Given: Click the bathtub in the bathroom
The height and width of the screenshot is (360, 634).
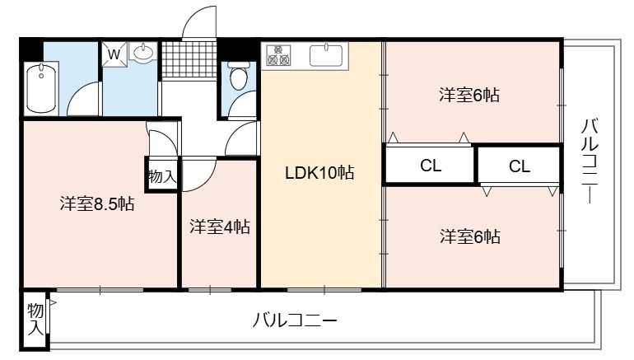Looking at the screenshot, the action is (x=41, y=88).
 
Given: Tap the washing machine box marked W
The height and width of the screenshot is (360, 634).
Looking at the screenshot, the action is (x=114, y=54).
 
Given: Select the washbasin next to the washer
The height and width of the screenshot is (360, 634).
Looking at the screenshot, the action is (x=143, y=53).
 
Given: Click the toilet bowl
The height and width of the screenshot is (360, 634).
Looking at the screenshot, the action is (x=238, y=75).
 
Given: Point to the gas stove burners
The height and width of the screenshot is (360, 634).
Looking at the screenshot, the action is (x=278, y=55).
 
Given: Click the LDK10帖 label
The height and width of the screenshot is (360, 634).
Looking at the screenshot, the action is (x=319, y=173).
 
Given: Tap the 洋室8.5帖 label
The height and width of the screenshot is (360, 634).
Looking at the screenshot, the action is (x=97, y=203).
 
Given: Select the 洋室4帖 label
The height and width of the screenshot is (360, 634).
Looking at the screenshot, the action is (x=220, y=227).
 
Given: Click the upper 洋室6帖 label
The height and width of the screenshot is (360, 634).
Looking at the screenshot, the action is (x=469, y=95).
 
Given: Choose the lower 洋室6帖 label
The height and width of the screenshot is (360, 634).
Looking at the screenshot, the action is (x=470, y=236).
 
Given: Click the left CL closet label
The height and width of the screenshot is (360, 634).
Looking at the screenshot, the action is (x=430, y=166).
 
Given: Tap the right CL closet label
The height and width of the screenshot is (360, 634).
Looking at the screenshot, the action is (x=520, y=166).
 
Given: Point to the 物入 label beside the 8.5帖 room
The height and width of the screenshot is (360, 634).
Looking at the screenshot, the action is (x=162, y=176).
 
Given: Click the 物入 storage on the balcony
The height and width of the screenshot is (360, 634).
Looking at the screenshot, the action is (x=35, y=319).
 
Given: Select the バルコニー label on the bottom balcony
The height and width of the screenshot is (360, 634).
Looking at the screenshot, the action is (x=295, y=320).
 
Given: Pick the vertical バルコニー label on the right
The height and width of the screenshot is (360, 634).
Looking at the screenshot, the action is (x=590, y=160).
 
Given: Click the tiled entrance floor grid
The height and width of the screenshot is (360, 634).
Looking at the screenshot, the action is (x=189, y=59).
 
